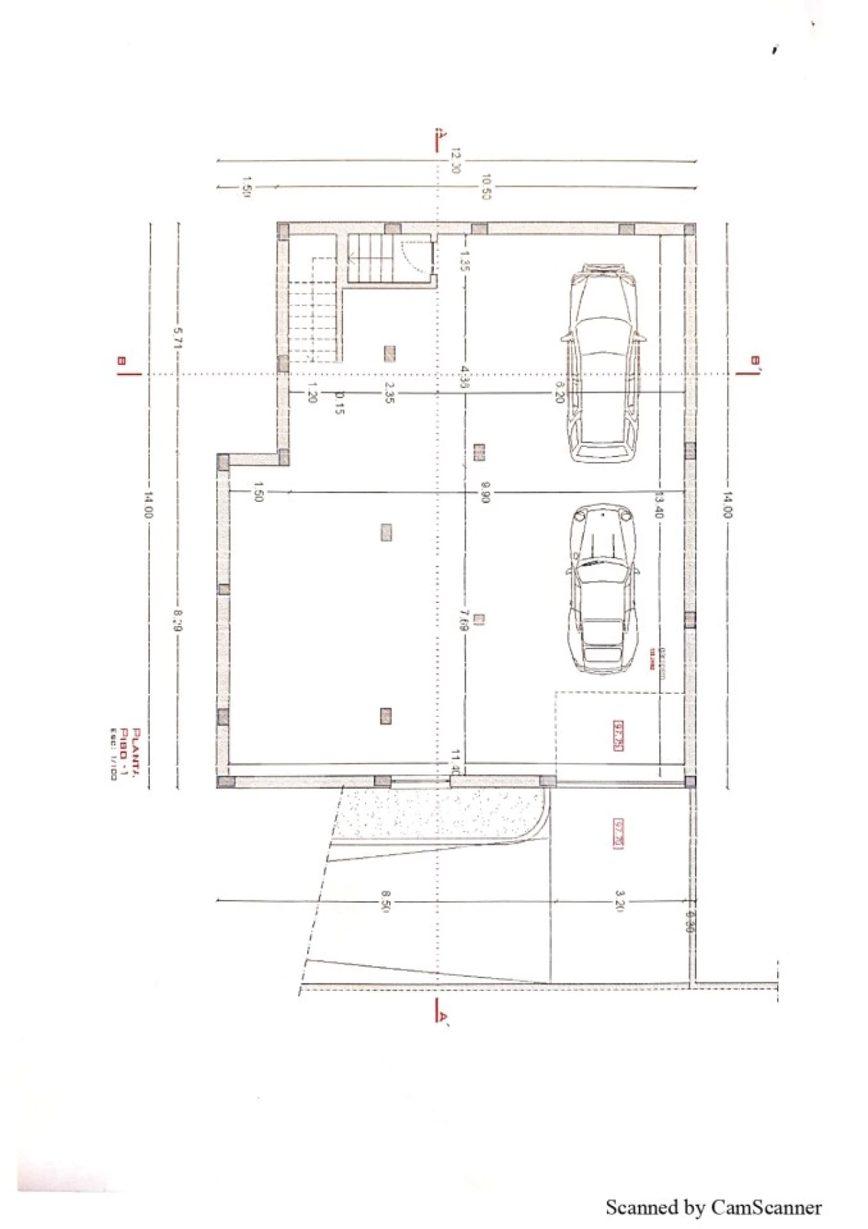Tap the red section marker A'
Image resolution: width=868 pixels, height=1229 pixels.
[441, 1016]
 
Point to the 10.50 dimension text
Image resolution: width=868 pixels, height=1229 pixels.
[486, 187]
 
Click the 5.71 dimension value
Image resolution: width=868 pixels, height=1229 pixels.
[178, 337]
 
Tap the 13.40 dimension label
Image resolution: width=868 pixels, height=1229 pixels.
[658, 504]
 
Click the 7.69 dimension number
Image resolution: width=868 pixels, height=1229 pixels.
[464, 620]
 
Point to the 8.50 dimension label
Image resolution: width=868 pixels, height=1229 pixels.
[384, 901]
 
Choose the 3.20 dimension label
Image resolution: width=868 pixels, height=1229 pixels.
[618, 901]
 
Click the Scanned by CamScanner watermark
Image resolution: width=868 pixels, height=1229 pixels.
[713, 1207]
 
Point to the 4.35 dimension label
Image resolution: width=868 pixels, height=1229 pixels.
[465, 376]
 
